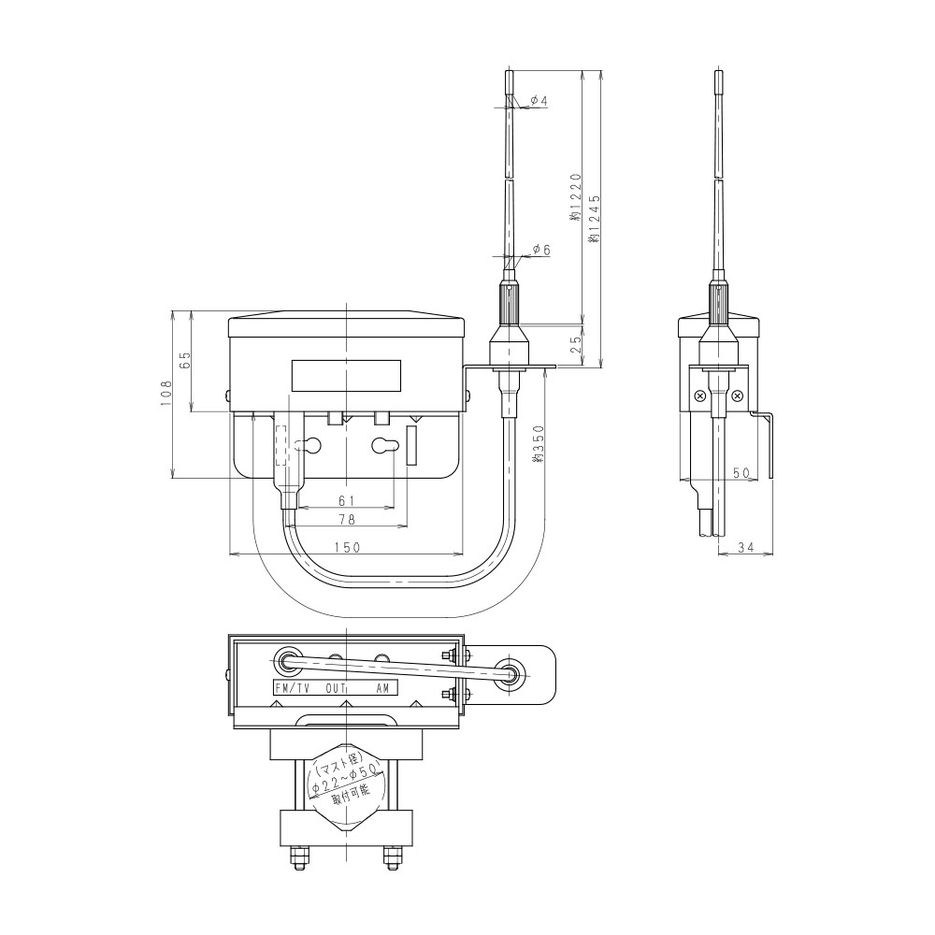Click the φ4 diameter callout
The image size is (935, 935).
point(539,101)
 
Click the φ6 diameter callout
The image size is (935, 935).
point(540,250)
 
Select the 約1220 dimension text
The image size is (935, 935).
point(575,197)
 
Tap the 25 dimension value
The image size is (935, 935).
point(575,343)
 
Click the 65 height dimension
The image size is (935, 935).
point(185,360)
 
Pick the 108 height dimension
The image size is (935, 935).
point(165,394)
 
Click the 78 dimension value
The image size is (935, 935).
point(347,520)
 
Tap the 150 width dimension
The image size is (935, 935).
point(347,547)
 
